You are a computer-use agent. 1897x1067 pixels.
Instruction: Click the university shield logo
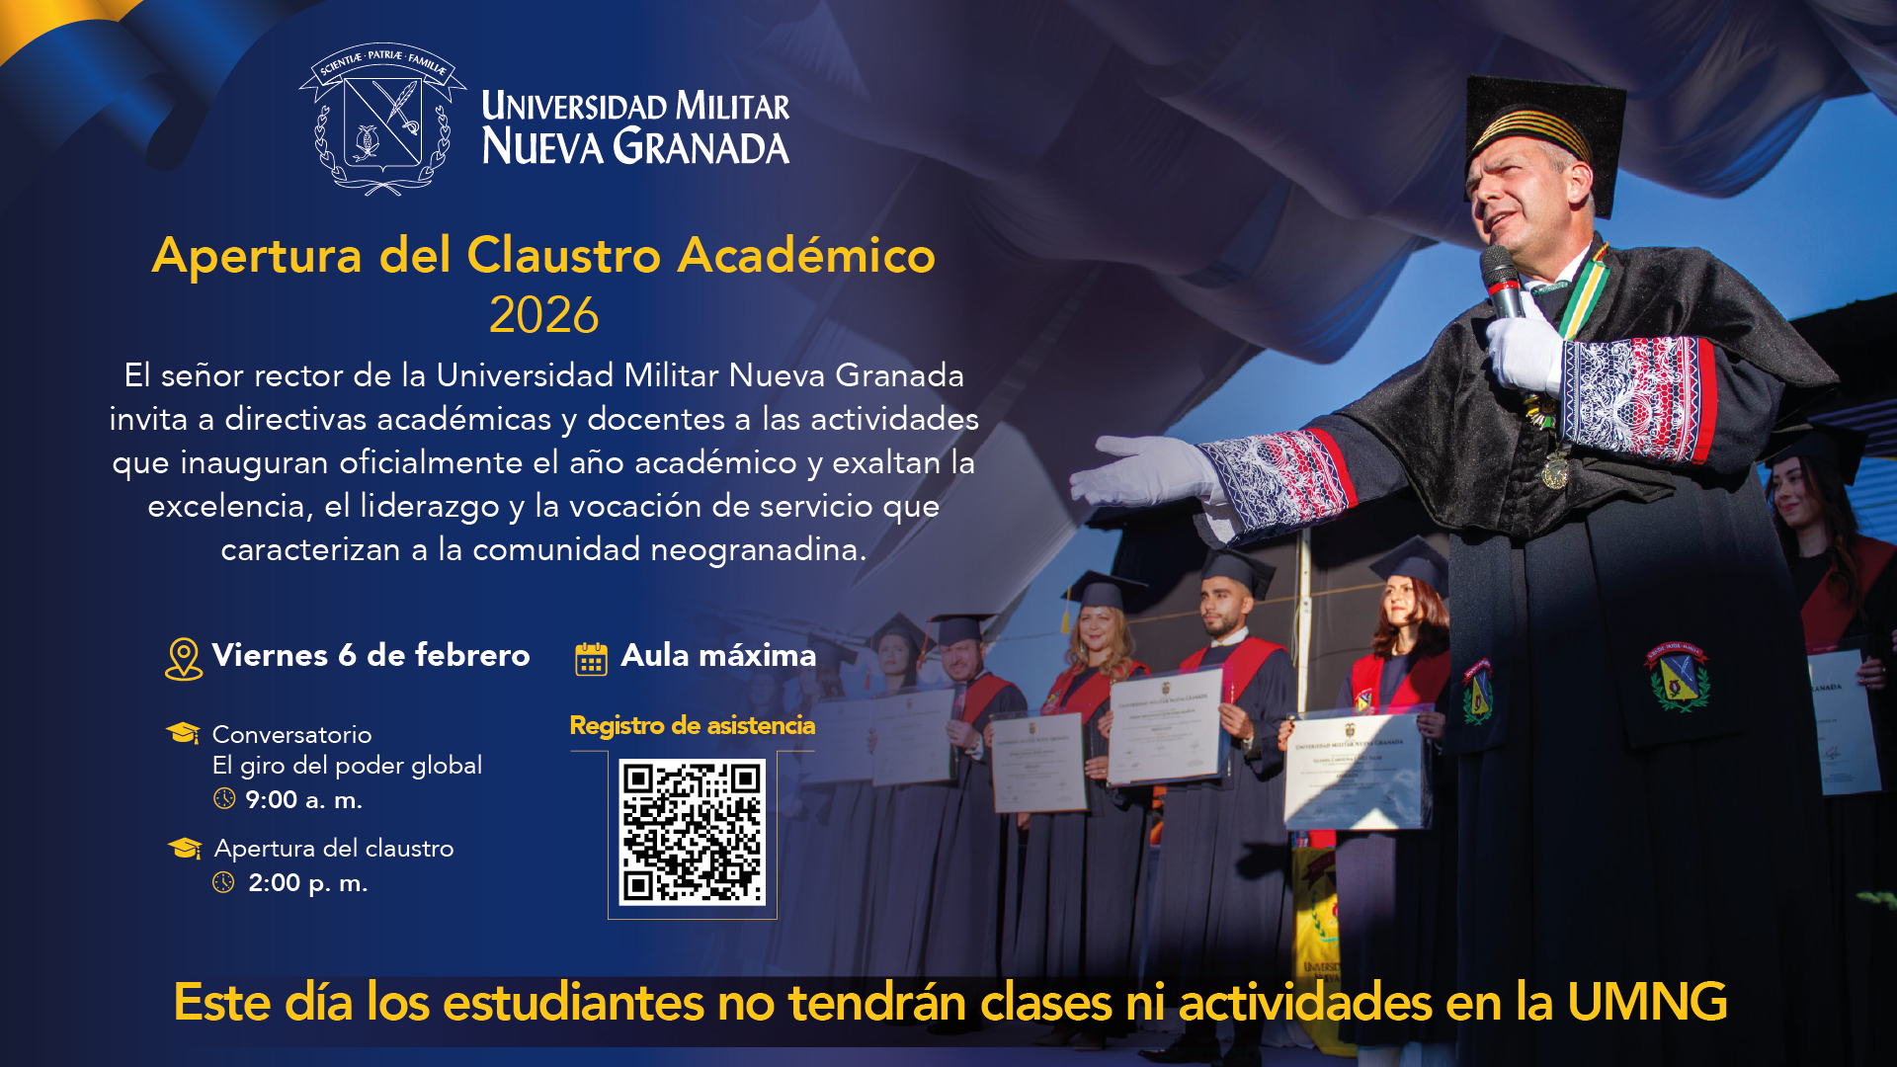pyautogui.click(x=382, y=119)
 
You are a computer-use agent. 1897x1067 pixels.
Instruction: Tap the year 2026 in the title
pyautogui.click(x=544, y=315)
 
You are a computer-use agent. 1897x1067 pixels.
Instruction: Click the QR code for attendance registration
pyautogui.click(x=692, y=832)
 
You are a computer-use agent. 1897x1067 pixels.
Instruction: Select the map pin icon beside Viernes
pyautogui.click(x=184, y=658)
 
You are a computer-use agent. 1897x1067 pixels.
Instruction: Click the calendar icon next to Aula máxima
pyautogui.click(x=591, y=659)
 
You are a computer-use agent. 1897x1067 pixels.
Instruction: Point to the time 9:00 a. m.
pyautogui.click(x=303, y=799)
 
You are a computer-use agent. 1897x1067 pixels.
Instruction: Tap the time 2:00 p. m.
pyautogui.click(x=307, y=882)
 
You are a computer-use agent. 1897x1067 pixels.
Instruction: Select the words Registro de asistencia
pyautogui.click(x=693, y=725)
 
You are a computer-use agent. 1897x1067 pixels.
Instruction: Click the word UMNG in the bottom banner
pyautogui.click(x=1647, y=1002)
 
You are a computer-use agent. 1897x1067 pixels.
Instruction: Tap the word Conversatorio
pyautogui.click(x=291, y=734)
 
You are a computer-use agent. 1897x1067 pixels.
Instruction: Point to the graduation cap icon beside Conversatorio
pyautogui.click(x=183, y=733)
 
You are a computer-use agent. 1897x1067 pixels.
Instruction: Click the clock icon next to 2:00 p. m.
pyautogui.click(x=224, y=882)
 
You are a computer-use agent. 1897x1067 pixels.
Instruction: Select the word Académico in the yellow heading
pyautogui.click(x=806, y=255)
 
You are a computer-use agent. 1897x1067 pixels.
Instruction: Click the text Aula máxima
pyautogui.click(x=718, y=655)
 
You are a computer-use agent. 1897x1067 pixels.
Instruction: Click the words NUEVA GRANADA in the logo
pyautogui.click(x=635, y=146)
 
